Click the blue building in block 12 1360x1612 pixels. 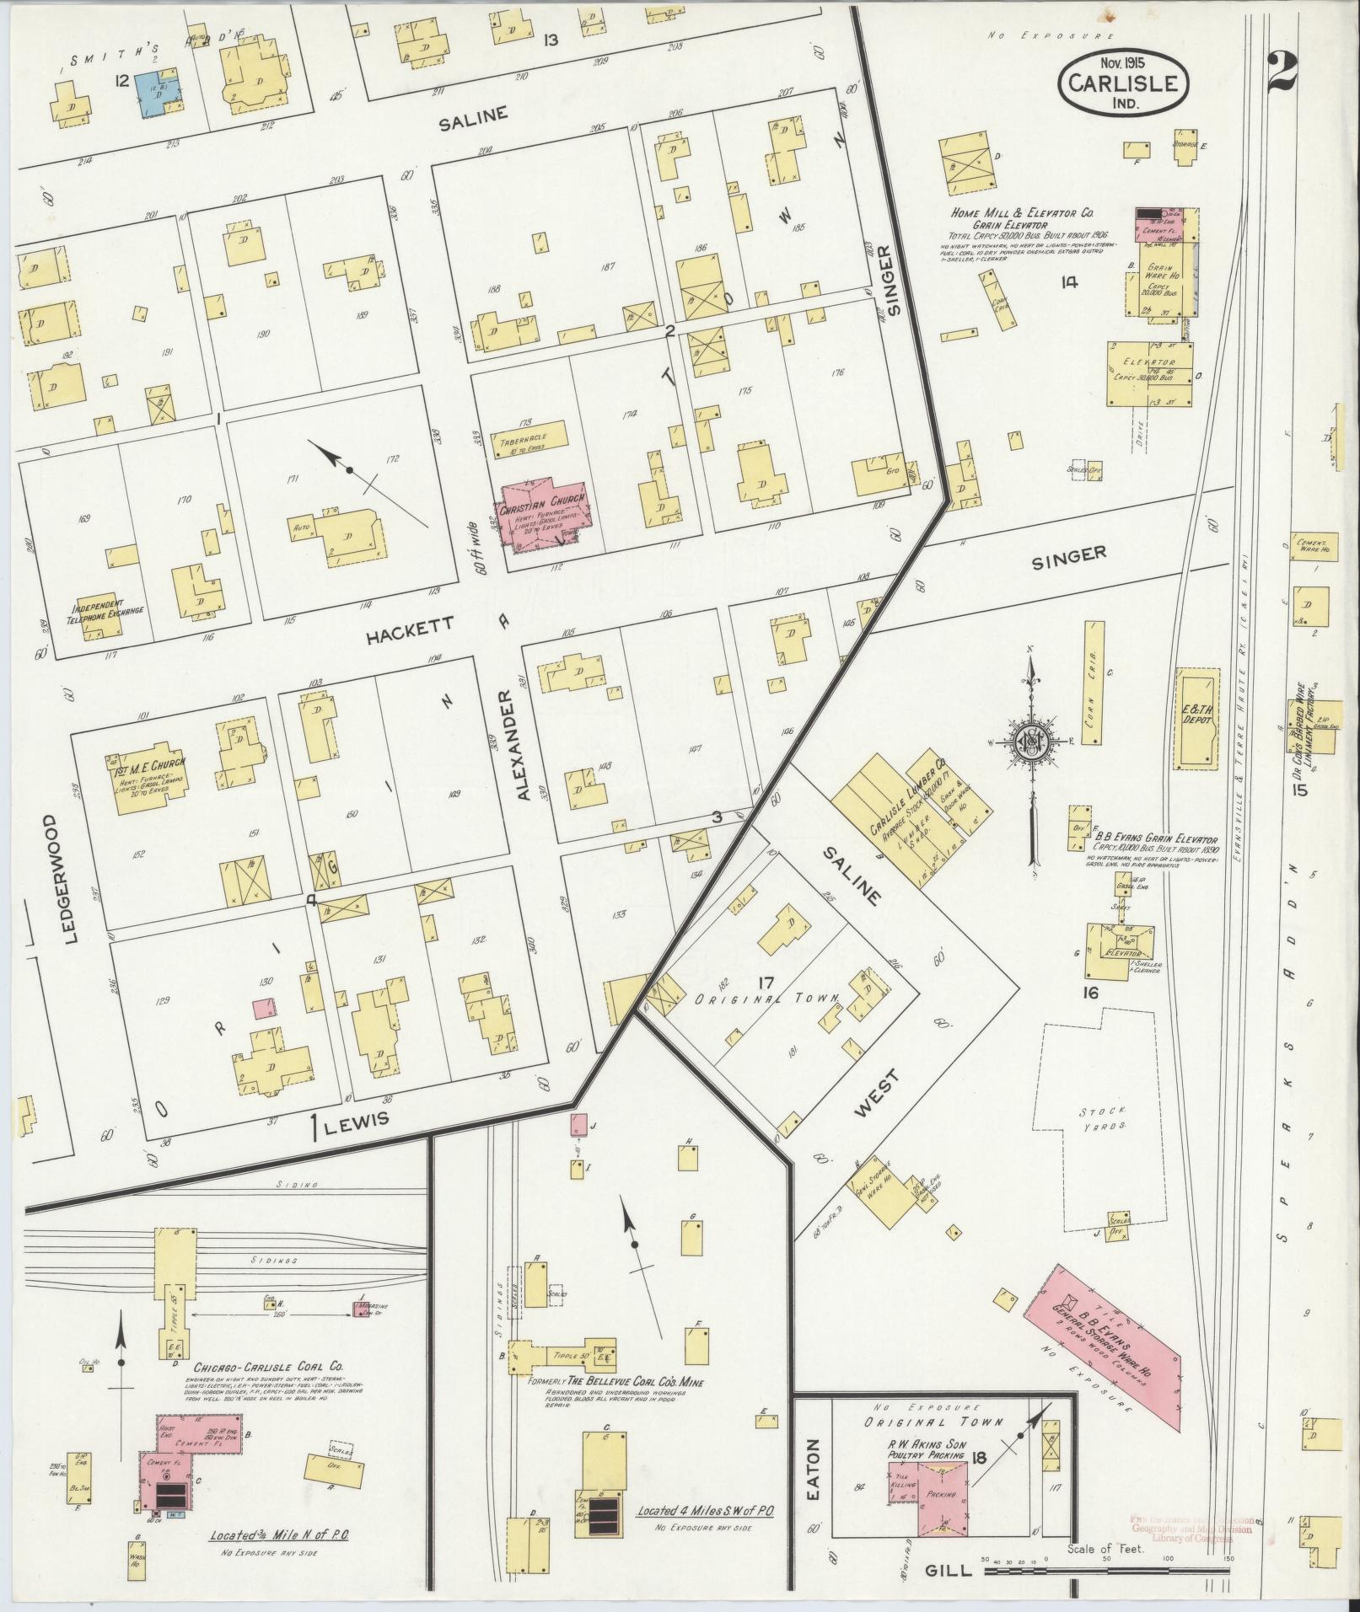[159, 94]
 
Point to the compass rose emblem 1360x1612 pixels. [1029, 742]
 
